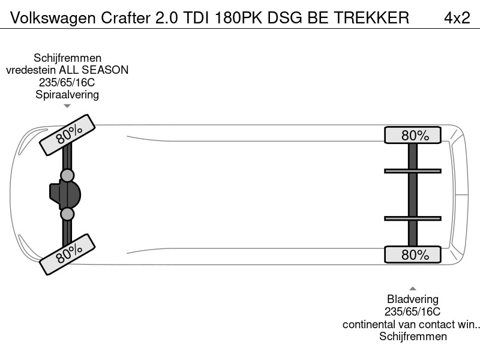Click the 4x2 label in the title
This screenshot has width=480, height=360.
click(x=457, y=18)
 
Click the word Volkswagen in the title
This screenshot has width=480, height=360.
click(x=53, y=19)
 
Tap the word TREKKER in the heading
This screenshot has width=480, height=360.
click(x=371, y=18)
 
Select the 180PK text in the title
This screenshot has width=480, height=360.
click(x=238, y=18)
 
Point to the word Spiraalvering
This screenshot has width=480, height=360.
click(x=67, y=95)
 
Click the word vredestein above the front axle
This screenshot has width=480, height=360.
click(x=31, y=70)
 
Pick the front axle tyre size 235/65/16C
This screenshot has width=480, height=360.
click(x=67, y=82)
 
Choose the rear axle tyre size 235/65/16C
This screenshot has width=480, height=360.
click(x=412, y=311)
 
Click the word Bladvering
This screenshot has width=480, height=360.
click(x=413, y=299)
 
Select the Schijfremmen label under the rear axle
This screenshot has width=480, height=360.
click(x=413, y=337)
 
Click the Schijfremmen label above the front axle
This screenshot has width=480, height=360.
click(x=67, y=58)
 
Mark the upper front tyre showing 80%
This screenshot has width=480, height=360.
click(x=67, y=134)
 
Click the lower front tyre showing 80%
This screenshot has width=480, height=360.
click(x=67, y=254)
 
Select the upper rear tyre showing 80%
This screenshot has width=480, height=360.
click(x=413, y=134)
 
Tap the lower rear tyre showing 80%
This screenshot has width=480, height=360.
click(x=413, y=254)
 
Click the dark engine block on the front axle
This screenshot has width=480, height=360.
click(x=65, y=194)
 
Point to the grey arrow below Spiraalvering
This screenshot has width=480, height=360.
click(x=67, y=106)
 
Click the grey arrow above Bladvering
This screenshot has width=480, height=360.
click(x=413, y=289)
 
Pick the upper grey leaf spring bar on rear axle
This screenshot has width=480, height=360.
click(x=413, y=171)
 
